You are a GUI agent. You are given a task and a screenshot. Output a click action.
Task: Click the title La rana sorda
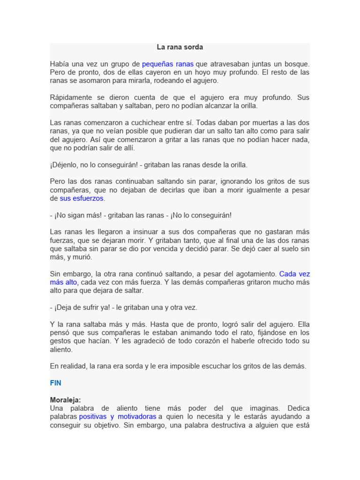coord(180,47)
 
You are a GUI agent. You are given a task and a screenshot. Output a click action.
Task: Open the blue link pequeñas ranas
coord(168,64)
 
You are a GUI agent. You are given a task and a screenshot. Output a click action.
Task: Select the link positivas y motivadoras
coord(118,417)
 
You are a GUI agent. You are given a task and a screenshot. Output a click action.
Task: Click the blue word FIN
coord(56,383)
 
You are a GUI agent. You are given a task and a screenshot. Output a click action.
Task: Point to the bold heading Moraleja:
coord(66,400)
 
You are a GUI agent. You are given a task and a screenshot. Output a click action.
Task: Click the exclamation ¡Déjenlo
coord(65,165)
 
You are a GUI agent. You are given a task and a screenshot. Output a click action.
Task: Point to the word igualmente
coord(248,190)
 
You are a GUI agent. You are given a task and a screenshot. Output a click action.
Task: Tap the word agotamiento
coord(254,274)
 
